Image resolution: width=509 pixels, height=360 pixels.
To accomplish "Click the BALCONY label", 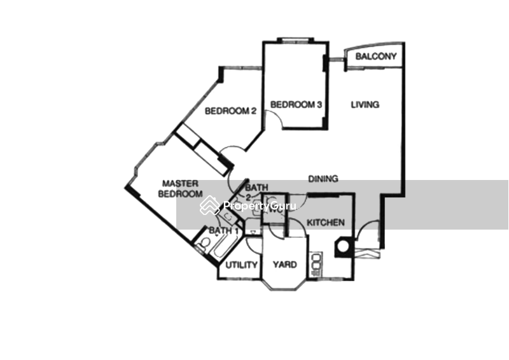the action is click(376, 57).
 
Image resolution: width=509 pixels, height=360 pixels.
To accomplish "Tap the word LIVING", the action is click(365, 104).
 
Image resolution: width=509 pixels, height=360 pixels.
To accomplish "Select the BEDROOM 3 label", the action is click(296, 104).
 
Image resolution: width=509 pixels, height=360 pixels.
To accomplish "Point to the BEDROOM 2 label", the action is click(230, 111).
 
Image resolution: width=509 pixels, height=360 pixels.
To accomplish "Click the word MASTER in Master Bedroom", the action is click(180, 184).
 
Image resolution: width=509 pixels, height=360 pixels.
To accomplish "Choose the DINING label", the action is click(323, 179).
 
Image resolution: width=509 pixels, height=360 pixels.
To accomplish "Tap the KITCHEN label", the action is click(326, 223).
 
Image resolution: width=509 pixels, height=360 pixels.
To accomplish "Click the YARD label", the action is click(284, 265).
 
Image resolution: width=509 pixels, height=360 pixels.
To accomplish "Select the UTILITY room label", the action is click(241, 265).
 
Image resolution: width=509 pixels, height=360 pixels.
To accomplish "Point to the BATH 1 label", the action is click(224, 230).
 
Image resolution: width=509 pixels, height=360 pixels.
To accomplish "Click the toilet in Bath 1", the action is click(204, 244).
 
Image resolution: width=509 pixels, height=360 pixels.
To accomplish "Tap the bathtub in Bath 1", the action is click(224, 248).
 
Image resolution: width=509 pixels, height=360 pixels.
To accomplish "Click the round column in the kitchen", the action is click(343, 246).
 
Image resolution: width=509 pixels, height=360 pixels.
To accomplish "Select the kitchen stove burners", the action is click(316, 265).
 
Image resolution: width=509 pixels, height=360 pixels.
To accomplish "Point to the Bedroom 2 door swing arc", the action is click(232, 147).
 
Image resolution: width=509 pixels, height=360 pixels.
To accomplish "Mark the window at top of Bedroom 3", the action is click(295, 40).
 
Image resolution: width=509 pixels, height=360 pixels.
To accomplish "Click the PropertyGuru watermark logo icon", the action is click(209, 205).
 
